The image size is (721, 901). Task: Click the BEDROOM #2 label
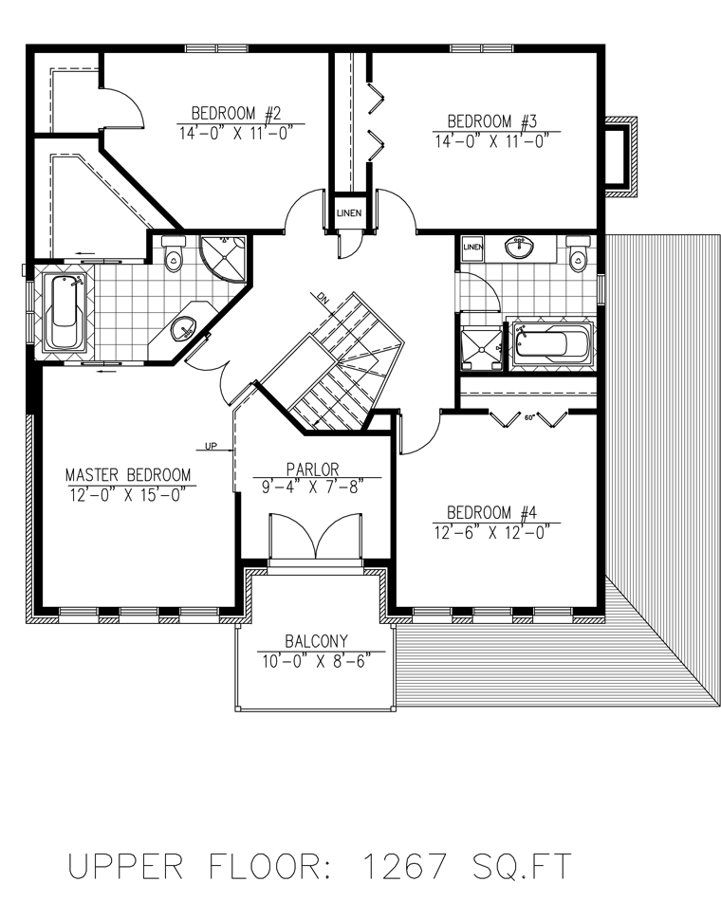click(x=235, y=113)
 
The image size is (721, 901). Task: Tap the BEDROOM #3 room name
click(x=492, y=121)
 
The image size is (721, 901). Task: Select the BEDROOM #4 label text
click(x=492, y=512)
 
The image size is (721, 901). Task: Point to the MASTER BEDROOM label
click(x=128, y=474)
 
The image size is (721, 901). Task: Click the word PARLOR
click(x=313, y=469)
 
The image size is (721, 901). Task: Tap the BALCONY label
click(x=316, y=641)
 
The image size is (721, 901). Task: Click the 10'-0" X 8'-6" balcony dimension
click(x=315, y=661)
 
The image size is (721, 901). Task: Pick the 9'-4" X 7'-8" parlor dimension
click(x=314, y=487)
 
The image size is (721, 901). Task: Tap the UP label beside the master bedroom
click(x=211, y=446)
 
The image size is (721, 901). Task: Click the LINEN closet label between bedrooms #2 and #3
click(x=349, y=213)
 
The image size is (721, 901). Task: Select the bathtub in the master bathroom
click(x=65, y=311)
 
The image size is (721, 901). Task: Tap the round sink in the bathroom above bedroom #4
click(x=519, y=248)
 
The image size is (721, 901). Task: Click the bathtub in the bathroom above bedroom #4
click(x=551, y=343)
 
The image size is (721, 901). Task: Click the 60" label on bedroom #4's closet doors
click(x=529, y=417)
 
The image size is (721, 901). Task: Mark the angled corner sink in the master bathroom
click(x=184, y=328)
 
